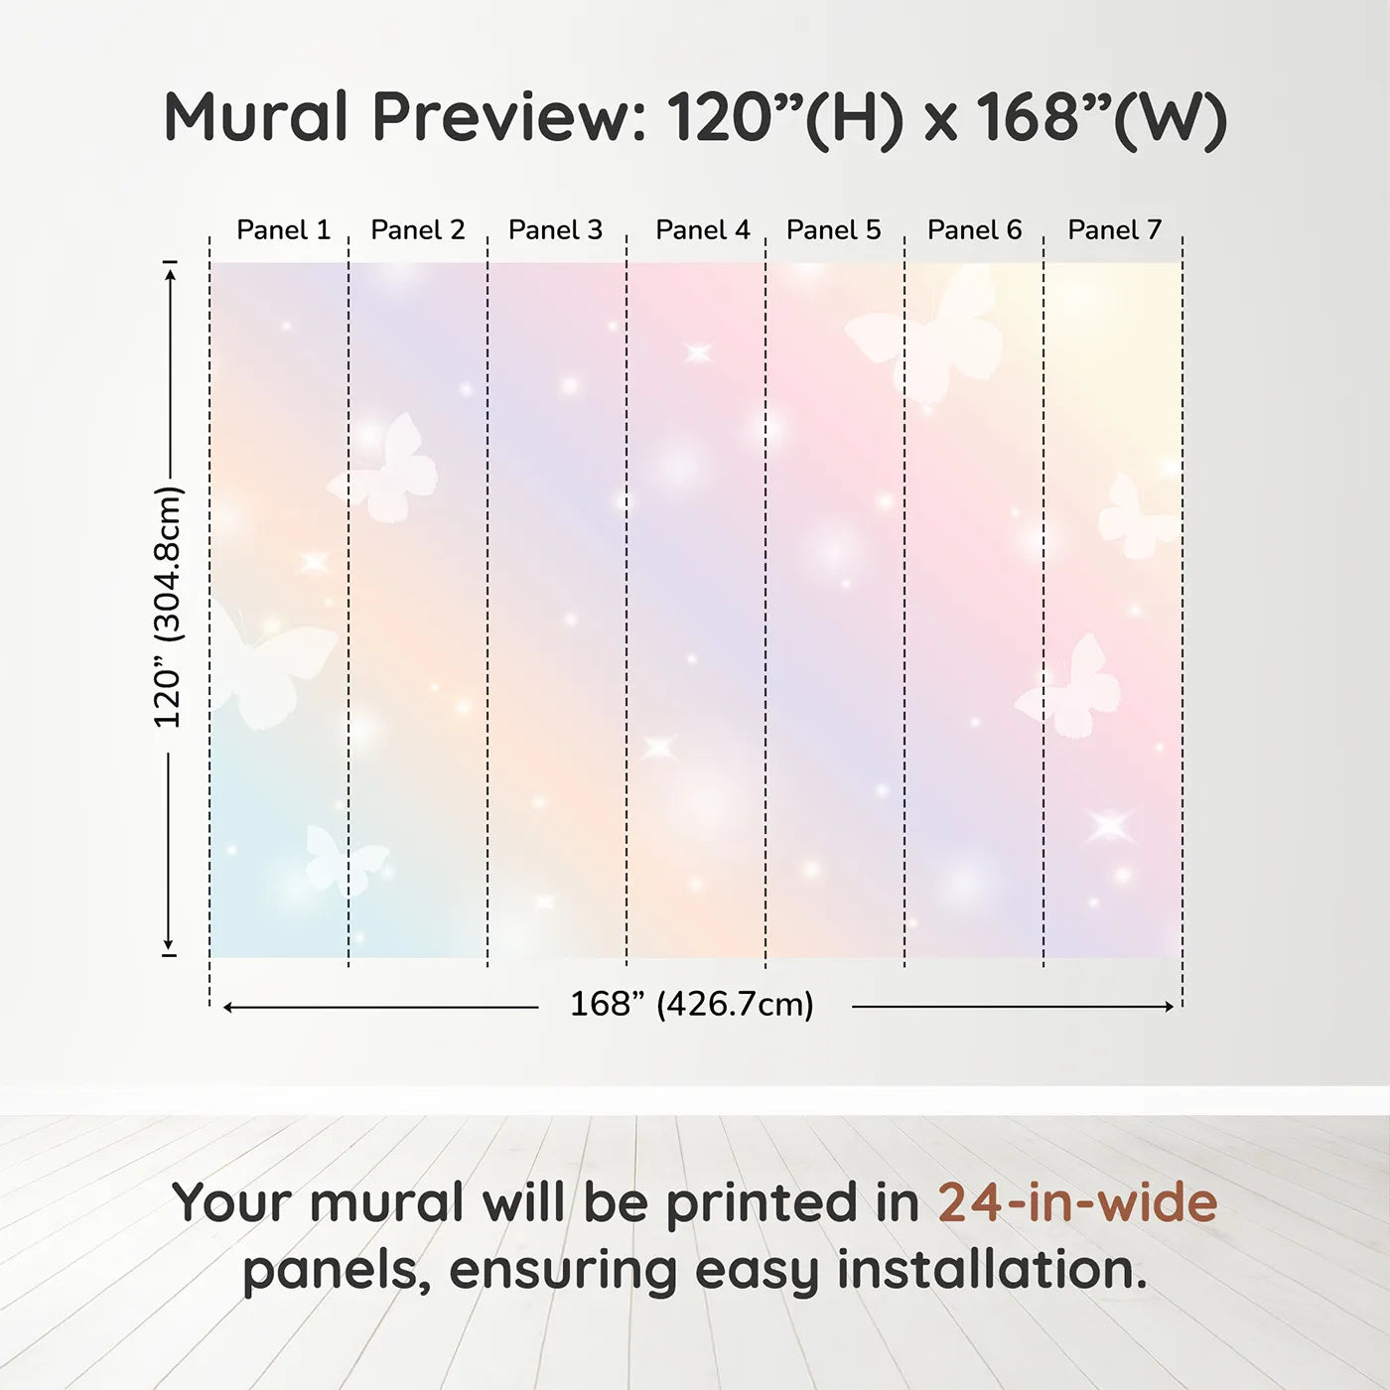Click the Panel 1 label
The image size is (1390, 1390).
pos(284,230)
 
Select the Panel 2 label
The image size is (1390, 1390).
pos(418,230)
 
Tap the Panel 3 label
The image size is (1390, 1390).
pos(555,230)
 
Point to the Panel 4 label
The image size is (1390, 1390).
pos(703,230)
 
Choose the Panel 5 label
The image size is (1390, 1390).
pos(834,230)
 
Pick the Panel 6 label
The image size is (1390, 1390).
pos(975,230)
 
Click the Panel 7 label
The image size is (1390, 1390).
pos(1114,230)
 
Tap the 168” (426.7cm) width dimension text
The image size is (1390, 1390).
pos(692,1005)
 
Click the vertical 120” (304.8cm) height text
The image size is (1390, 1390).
pos(169,607)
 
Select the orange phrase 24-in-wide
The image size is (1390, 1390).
pos(1077,1202)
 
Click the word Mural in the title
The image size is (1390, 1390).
pos(256,116)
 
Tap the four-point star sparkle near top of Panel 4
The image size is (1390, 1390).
pos(698,353)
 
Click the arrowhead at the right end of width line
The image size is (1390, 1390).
pos(1170,1007)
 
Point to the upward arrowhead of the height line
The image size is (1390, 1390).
pos(171,275)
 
